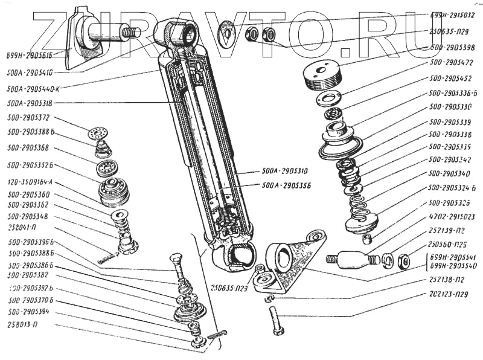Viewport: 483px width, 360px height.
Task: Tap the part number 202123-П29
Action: pos(448,295)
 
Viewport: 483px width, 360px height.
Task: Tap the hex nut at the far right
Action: pos(406,262)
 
